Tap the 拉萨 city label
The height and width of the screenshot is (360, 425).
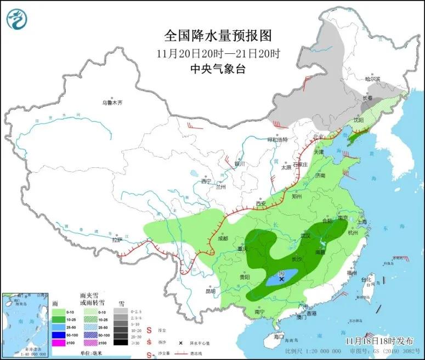pos(117,239)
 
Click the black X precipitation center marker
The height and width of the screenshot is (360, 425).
pos(282,279)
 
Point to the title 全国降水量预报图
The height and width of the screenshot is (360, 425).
pos(218,36)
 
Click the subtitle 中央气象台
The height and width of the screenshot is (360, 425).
pos(218,69)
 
